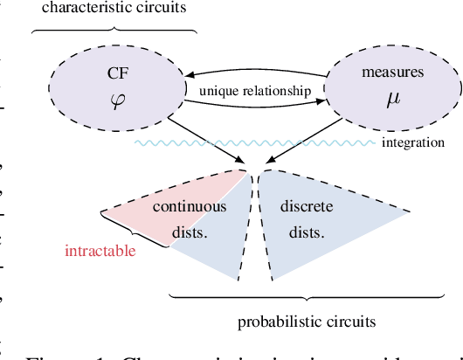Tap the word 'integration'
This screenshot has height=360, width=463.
[x=413, y=142]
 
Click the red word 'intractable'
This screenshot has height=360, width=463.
[x=100, y=253]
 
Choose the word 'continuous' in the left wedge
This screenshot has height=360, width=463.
[x=190, y=207]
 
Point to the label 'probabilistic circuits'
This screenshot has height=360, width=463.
[x=307, y=322]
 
